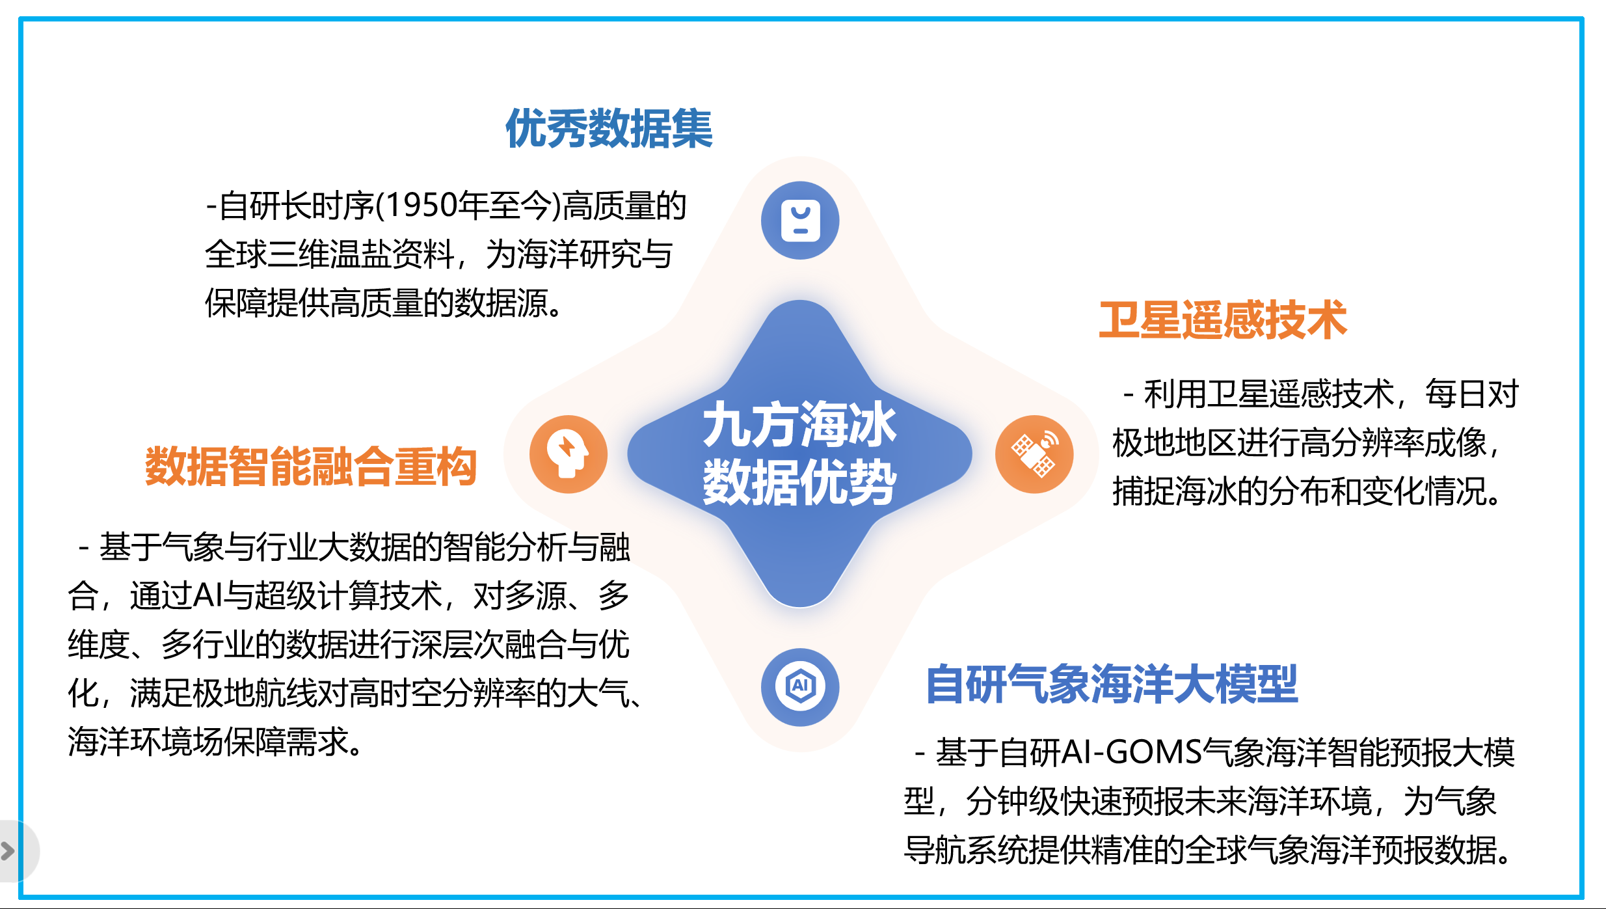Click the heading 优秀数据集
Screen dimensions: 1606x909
[x=609, y=128]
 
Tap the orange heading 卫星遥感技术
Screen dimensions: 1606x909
[x=1223, y=320]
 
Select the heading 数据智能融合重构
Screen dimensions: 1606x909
[x=311, y=467]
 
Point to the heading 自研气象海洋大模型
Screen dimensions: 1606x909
[x=1112, y=685]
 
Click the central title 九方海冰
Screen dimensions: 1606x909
[x=800, y=424]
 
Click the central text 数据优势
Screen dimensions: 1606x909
[x=800, y=482]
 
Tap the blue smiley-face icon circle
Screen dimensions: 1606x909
[x=800, y=221]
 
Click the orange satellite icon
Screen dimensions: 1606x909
[x=1034, y=454]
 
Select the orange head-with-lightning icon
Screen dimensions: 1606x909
[x=569, y=454]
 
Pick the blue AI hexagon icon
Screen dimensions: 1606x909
[x=800, y=687]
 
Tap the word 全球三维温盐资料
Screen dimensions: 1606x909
[x=330, y=254]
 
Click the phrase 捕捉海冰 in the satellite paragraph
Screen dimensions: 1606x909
[x=1174, y=492]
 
